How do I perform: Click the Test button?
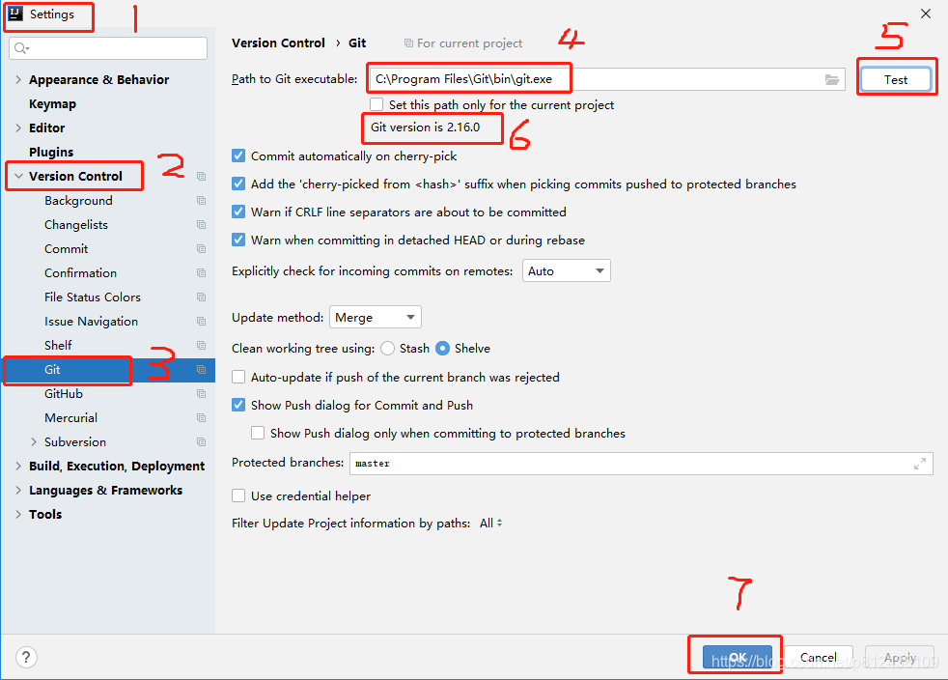[x=896, y=79]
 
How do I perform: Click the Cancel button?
[x=818, y=657]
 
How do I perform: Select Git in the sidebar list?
[x=52, y=370]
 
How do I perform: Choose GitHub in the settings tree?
[x=64, y=394]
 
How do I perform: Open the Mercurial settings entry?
[x=70, y=418]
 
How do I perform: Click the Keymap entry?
[x=52, y=104]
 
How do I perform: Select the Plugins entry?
[x=51, y=152]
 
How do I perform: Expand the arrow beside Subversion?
[x=34, y=442]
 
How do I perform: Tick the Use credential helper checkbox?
[x=238, y=496]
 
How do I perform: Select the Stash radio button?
[x=388, y=349]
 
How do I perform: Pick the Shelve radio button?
[x=442, y=349]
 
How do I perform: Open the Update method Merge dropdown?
[x=375, y=317]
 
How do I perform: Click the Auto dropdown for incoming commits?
[x=567, y=271]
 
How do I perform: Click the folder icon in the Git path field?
[x=832, y=80]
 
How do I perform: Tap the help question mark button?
[x=27, y=657]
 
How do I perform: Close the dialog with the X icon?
[x=926, y=14]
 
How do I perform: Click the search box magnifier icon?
[x=21, y=47]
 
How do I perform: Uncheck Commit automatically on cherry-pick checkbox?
[x=238, y=156]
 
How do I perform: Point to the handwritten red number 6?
[x=520, y=134]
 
